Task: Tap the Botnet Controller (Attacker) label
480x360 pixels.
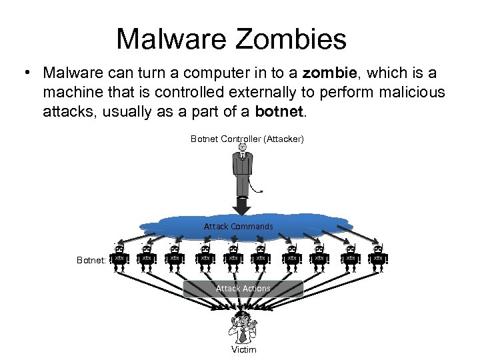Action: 247,139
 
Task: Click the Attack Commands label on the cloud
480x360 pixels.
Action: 239,227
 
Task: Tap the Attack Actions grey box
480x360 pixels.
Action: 243,289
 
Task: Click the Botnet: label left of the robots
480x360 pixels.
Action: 91,261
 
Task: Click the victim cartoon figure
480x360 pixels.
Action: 243,327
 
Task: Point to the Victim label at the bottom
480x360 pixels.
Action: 243,349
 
